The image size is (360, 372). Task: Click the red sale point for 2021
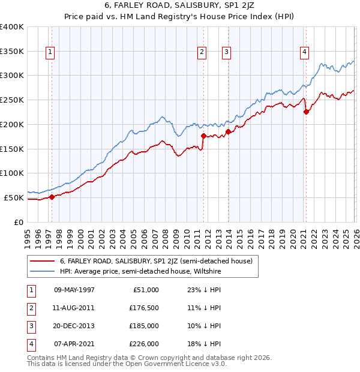306,111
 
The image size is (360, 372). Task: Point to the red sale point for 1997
52,197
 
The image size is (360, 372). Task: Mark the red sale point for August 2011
203,136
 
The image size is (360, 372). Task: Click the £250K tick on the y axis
12,100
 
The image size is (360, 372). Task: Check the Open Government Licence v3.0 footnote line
127,364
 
